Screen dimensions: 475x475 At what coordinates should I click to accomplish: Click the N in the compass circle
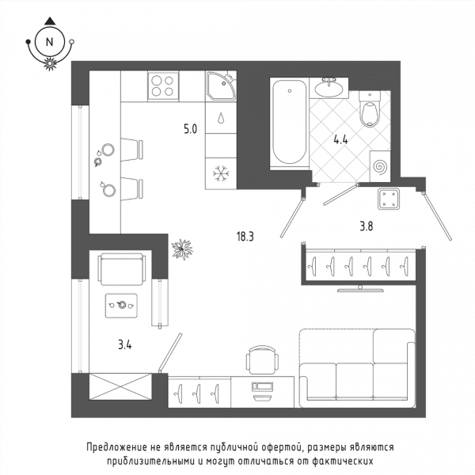point(49,42)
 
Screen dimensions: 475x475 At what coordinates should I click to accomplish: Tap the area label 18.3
point(245,236)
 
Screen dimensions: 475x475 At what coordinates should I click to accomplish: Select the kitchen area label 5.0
point(190,129)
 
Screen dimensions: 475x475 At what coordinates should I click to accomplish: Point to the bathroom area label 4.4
point(340,140)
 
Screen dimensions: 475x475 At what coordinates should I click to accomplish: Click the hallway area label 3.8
point(367,226)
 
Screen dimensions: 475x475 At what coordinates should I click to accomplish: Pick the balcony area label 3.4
point(125,344)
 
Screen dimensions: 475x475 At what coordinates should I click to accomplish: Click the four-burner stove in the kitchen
point(163,86)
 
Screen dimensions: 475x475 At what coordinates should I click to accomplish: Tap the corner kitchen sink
point(221,86)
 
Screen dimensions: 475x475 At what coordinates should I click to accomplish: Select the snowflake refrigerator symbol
point(221,174)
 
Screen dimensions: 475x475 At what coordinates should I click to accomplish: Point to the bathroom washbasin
point(329,88)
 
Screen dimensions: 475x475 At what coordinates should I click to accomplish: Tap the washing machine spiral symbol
point(380,167)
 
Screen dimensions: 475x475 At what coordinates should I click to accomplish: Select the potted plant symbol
point(182,249)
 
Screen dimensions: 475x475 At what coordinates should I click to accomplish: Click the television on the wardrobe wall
point(360,289)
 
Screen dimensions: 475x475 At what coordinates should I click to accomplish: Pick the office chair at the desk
point(262,360)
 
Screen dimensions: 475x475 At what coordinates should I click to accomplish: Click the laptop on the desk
point(262,391)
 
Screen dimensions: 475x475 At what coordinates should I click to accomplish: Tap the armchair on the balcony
point(121,269)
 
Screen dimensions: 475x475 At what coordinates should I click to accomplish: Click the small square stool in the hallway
point(389,199)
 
